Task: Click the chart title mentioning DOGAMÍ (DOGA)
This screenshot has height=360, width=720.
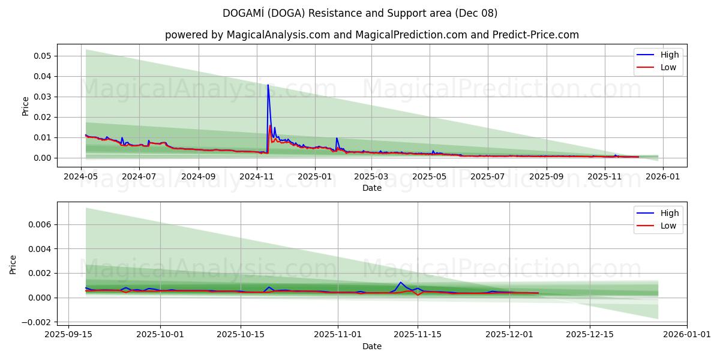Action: click(x=360, y=13)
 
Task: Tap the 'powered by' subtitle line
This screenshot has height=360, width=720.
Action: click(x=372, y=35)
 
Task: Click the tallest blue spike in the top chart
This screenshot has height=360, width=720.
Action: click(x=268, y=85)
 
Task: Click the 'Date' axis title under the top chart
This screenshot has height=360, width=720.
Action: click(x=372, y=188)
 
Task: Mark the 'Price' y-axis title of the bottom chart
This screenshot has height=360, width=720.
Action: click(x=13, y=265)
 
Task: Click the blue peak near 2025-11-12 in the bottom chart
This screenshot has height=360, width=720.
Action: click(x=401, y=282)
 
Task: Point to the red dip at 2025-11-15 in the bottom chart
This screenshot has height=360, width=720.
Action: click(x=418, y=295)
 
